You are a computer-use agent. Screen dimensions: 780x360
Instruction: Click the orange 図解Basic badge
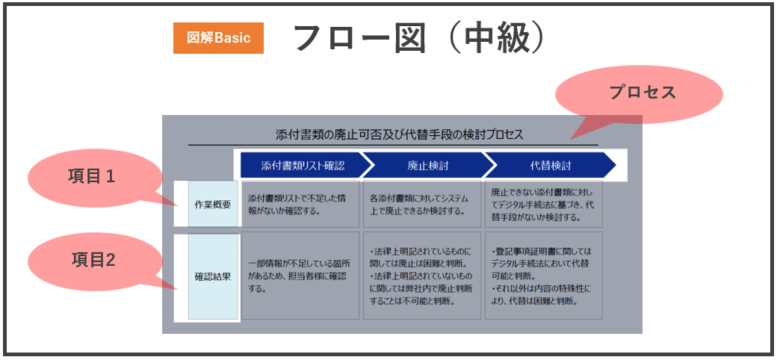coord(218,38)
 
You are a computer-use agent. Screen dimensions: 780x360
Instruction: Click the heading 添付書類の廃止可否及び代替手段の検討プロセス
coord(400,134)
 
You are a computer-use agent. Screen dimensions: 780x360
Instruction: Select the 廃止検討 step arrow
coord(428,165)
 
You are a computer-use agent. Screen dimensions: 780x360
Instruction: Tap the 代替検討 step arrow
coord(550,165)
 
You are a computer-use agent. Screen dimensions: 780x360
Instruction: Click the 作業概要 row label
coord(212,205)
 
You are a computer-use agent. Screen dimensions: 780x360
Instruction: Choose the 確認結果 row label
coord(212,276)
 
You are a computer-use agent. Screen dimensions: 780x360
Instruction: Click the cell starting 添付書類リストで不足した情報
coord(300,205)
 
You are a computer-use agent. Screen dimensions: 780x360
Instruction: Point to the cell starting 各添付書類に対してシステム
coord(422,205)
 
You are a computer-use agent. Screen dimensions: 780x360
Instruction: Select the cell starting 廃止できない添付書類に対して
coord(544,205)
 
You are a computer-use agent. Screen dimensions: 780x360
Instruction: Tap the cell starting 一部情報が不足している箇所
coord(300,276)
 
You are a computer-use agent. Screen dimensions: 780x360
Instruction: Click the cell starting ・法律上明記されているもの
coord(422,276)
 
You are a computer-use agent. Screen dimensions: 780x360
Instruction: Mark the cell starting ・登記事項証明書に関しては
coord(544,276)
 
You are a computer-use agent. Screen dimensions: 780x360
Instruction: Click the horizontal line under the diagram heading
coord(393,145)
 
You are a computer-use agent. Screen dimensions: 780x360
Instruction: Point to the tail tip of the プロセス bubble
coord(571,139)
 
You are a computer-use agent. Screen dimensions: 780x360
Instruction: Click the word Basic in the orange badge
coord(233,38)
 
